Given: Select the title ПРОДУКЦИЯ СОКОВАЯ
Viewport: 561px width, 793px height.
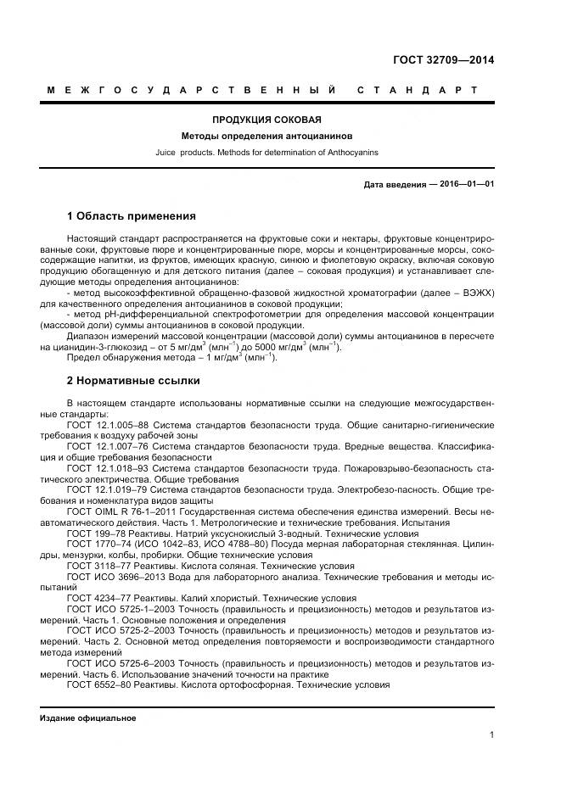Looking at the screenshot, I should tap(266, 120).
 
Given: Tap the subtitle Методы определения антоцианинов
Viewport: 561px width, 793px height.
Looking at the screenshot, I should tap(266, 136).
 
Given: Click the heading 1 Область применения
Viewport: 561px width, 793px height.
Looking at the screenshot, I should tap(131, 216).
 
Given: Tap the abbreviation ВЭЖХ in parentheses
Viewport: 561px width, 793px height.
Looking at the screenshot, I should tap(476, 293).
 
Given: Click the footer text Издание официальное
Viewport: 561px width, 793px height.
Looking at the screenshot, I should tap(88, 718).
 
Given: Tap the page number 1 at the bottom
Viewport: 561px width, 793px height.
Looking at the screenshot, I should tap(491, 734).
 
